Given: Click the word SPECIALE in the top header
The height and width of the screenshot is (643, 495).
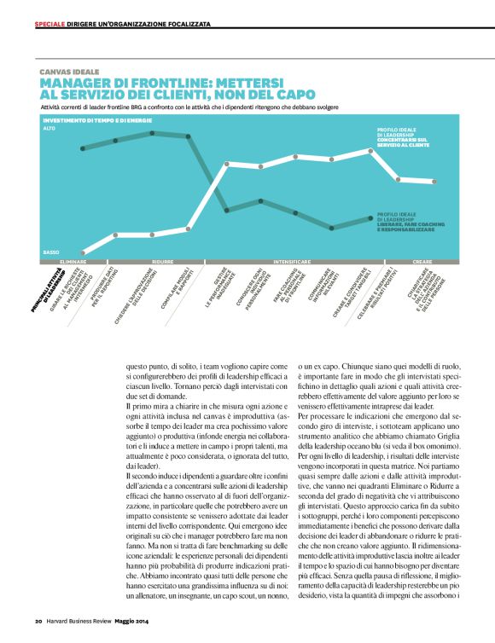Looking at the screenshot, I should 49,24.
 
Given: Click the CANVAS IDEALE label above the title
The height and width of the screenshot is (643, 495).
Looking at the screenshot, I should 69,72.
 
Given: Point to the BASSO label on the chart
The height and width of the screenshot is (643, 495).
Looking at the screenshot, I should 51,252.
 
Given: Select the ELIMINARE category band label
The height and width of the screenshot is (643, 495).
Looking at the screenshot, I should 73,261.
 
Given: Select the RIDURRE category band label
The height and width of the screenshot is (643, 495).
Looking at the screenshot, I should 162,261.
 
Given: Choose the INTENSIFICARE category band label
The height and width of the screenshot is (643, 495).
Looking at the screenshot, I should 292,261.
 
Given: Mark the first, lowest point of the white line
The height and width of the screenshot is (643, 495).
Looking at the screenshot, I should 84,253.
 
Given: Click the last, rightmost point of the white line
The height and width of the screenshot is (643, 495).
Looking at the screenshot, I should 436,182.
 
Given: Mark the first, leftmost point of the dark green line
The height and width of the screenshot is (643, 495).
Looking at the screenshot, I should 83,150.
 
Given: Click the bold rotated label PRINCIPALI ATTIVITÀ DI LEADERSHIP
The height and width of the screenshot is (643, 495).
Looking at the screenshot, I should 56,290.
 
